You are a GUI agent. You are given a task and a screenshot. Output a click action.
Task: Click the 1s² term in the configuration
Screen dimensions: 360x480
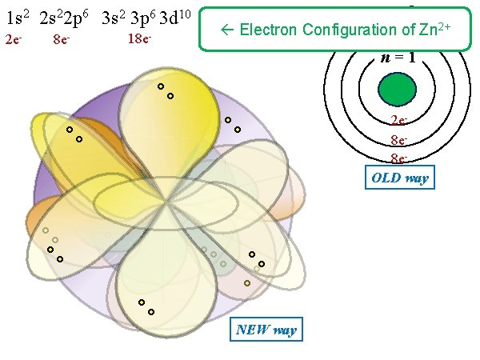tap(18, 18)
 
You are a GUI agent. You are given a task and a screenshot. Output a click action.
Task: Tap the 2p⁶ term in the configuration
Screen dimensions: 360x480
tap(78, 18)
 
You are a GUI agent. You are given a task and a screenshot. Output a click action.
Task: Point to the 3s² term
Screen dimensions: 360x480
tap(117, 18)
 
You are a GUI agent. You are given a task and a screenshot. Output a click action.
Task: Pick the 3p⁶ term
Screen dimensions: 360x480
tap(145, 18)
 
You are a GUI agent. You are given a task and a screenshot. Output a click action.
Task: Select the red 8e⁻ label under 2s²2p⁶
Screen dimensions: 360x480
tap(59, 39)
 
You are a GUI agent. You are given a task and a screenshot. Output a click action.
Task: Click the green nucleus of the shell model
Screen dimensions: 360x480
tap(398, 88)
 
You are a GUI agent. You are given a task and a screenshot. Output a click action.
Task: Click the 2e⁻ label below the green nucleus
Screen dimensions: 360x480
tap(398, 122)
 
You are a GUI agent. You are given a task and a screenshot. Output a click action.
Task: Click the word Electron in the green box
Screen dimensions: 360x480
tap(268, 30)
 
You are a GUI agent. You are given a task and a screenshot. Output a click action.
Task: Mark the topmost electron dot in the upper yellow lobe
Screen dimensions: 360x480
tap(161, 86)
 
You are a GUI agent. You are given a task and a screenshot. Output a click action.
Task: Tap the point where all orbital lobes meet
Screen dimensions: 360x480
tap(166, 198)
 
